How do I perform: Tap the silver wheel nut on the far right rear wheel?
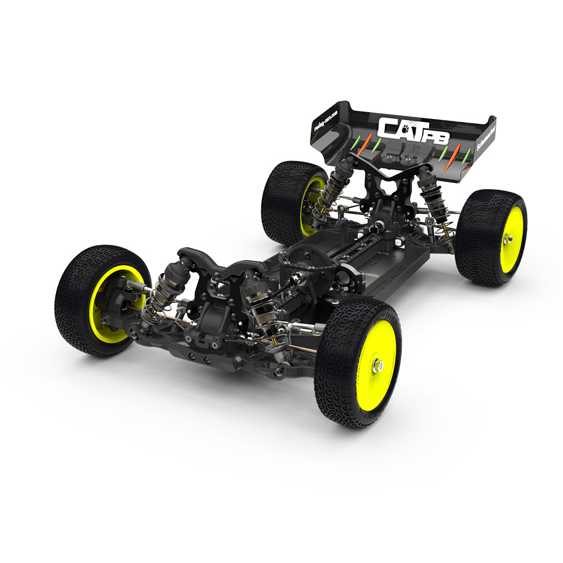(x=506, y=239)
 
